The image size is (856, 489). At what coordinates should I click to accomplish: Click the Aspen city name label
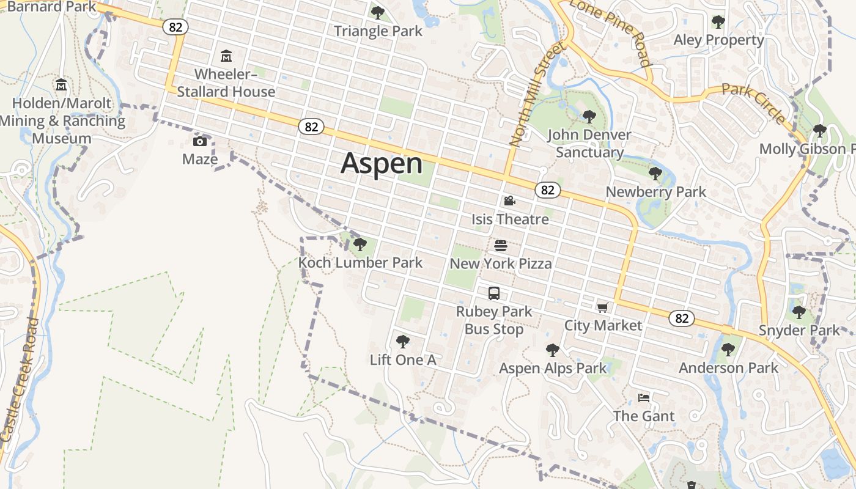(382, 164)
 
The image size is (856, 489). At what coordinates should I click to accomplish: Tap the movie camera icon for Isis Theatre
(509, 201)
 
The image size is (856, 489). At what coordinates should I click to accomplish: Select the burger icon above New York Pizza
(501, 246)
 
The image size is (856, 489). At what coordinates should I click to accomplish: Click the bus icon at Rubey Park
(494, 293)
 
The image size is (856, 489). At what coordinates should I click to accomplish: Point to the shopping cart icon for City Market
(603, 307)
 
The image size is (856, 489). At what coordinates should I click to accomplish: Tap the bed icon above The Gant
(644, 398)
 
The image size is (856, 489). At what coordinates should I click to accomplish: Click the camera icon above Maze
(199, 142)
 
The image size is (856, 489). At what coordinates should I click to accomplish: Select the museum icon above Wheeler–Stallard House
(226, 56)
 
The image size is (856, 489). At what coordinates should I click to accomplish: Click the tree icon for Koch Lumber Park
(360, 245)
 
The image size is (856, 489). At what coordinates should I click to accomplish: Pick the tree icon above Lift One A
(402, 342)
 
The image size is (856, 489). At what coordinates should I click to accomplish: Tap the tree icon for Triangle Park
(378, 12)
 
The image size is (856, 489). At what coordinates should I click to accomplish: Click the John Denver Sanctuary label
(589, 144)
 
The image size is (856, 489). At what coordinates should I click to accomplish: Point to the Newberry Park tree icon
(655, 174)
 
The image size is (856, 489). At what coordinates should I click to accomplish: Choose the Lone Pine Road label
(610, 31)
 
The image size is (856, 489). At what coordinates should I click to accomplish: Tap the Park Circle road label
(753, 103)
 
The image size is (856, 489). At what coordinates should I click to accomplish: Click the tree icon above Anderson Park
(728, 350)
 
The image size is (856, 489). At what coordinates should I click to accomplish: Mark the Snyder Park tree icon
(799, 312)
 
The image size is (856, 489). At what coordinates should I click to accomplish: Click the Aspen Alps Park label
(553, 368)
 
